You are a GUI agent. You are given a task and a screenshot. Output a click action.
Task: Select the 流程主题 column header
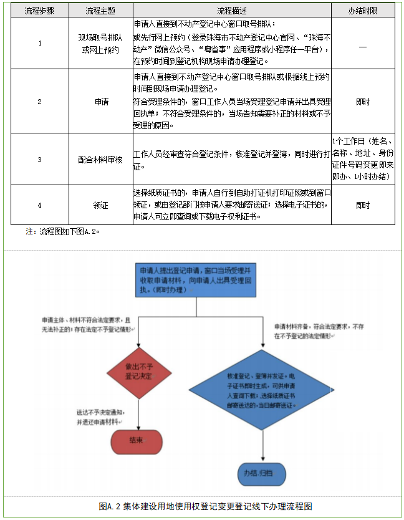[100, 11]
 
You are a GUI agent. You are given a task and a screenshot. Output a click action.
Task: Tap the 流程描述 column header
[231, 11]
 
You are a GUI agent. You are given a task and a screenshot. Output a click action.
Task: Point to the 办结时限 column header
[363, 11]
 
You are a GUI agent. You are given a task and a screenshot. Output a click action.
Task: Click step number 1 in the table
[40, 44]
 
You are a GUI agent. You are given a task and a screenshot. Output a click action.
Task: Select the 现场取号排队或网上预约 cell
[100, 44]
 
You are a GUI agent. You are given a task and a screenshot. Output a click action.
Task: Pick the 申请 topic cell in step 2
[100, 101]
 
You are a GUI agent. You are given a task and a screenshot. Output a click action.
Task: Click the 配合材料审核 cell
[100, 159]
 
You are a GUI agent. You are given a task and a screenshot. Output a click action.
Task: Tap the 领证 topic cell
[100, 205]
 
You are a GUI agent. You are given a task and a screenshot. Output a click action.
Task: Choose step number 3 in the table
[40, 159]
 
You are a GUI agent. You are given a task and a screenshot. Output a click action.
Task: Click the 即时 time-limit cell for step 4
[363, 205]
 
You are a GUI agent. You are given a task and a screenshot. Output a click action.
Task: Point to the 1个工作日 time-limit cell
[363, 159]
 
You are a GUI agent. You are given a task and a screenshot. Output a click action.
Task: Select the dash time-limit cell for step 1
[363, 44]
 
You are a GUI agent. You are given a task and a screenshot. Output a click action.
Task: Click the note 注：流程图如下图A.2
[62, 231]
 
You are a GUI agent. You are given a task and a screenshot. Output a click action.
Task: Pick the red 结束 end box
[137, 441]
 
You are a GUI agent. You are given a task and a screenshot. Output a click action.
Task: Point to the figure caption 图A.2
[205, 506]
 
